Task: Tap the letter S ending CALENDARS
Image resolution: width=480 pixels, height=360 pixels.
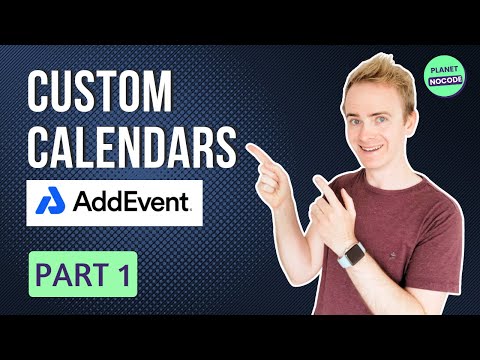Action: click(x=225, y=147)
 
